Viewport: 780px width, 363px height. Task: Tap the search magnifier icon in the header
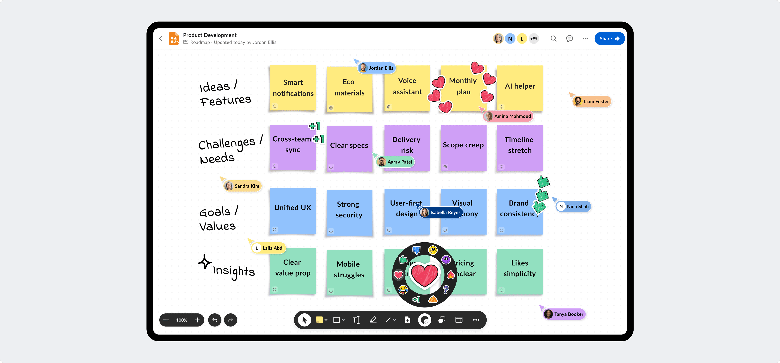click(x=554, y=38)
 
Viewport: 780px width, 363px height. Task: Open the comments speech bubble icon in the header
click(x=569, y=38)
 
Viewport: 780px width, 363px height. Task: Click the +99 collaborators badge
click(x=534, y=38)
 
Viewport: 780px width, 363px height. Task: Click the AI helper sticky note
click(x=520, y=88)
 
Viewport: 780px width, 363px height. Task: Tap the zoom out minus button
click(x=166, y=320)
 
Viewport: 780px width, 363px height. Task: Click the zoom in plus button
click(x=197, y=320)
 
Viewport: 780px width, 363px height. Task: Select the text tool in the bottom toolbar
click(x=356, y=320)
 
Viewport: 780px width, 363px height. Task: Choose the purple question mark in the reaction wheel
click(x=446, y=290)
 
